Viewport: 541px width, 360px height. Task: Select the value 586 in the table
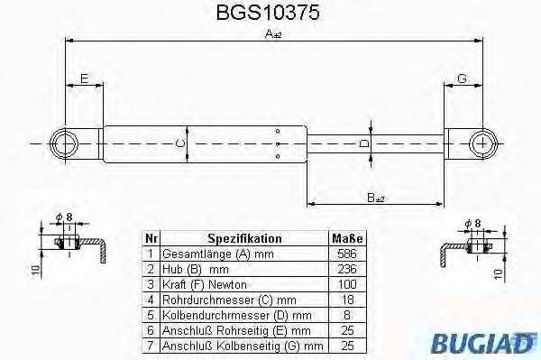click(x=346, y=254)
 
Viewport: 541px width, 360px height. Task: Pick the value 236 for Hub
click(x=346, y=269)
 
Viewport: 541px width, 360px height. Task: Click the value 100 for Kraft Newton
click(x=346, y=283)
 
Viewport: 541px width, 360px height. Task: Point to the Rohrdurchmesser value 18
click(x=346, y=298)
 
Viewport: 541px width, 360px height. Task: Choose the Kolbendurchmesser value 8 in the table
click(x=346, y=312)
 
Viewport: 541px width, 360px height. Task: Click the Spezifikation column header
click(x=244, y=239)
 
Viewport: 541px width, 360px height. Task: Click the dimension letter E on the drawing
click(x=84, y=79)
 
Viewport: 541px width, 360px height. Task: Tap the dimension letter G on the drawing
click(x=462, y=79)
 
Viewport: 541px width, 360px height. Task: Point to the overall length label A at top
click(x=271, y=34)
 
